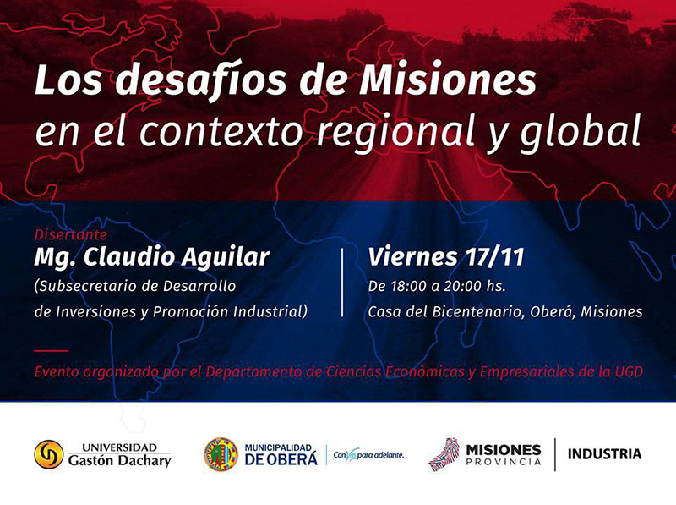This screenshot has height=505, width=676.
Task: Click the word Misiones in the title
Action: pyautogui.click(x=448, y=80)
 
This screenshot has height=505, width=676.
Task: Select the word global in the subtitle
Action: pyautogui.click(x=581, y=131)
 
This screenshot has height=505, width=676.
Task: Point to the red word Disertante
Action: pyautogui.click(x=71, y=235)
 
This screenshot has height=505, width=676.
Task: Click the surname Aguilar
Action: pyautogui.click(x=226, y=258)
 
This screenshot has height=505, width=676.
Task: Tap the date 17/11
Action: pyautogui.click(x=494, y=257)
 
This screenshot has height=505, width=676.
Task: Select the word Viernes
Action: pyautogui.click(x=412, y=257)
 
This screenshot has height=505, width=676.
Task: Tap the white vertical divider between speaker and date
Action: pyautogui.click(x=342, y=283)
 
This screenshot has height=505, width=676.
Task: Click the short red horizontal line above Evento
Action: pyautogui.click(x=52, y=351)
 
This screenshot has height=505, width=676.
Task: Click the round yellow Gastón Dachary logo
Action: pyautogui.click(x=49, y=454)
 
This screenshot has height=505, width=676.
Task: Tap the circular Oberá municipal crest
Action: pyautogui.click(x=221, y=454)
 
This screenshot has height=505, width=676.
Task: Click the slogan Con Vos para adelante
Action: pyautogui.click(x=368, y=454)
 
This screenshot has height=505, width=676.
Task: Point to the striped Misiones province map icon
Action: pyautogui.click(x=444, y=454)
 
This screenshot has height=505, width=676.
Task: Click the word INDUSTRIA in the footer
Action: pyautogui.click(x=604, y=454)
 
